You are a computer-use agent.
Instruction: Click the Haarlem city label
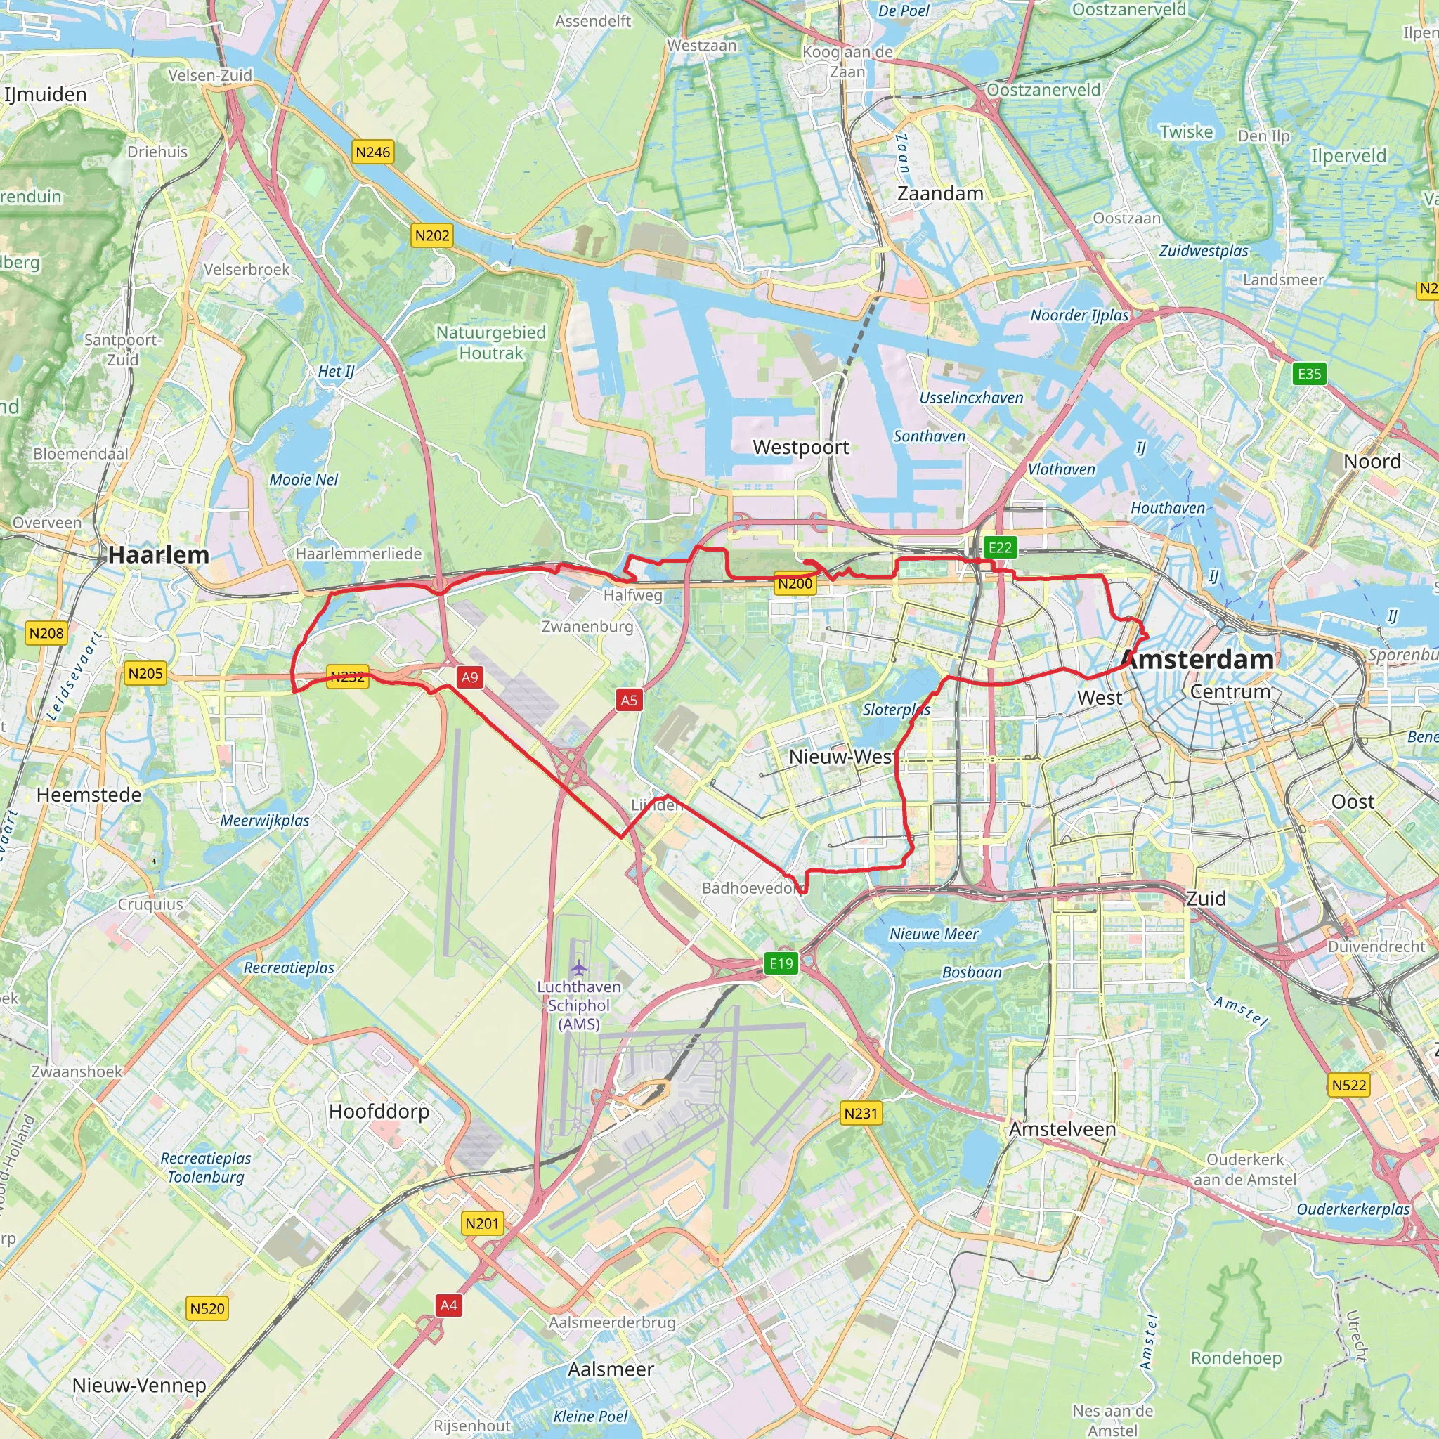point(158,555)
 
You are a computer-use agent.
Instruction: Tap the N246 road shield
point(372,152)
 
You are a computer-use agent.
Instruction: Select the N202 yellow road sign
point(432,236)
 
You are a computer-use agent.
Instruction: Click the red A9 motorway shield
point(469,677)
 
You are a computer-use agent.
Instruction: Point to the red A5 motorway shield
point(629,699)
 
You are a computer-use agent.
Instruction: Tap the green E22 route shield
point(1000,548)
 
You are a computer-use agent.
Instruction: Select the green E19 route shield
point(781,963)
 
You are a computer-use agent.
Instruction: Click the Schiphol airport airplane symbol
point(579,968)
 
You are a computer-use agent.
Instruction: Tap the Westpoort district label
point(801,447)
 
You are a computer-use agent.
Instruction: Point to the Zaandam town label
point(940,194)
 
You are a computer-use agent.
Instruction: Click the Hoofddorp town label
point(379,1112)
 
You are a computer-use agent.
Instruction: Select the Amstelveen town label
point(1062,1129)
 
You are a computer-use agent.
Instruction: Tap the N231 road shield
point(861,1114)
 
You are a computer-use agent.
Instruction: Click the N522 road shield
point(1349,1085)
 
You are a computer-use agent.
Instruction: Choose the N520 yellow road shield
point(207,1308)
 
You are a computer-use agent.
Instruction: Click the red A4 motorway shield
point(448,1305)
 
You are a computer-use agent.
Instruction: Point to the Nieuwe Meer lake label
point(934,934)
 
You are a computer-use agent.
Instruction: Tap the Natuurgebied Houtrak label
point(491,343)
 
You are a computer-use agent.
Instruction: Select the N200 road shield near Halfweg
point(795,584)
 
